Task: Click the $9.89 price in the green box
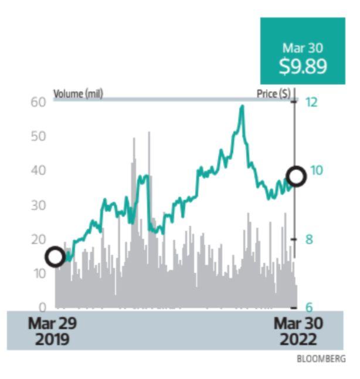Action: click(x=302, y=66)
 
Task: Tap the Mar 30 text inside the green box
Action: click(x=302, y=48)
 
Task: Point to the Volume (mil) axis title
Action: click(x=78, y=94)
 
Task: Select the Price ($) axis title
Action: click(x=273, y=94)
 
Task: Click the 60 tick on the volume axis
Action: click(x=38, y=102)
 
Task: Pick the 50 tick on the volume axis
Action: click(x=38, y=136)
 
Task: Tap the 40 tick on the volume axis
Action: click(x=38, y=171)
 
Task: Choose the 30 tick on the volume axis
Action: click(x=38, y=205)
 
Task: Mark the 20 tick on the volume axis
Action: click(x=38, y=239)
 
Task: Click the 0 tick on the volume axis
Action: click(x=42, y=307)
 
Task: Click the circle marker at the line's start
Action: click(x=55, y=256)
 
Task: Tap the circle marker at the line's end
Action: click(x=296, y=176)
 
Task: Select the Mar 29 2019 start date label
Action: click(x=52, y=331)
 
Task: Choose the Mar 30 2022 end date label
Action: click(x=298, y=331)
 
